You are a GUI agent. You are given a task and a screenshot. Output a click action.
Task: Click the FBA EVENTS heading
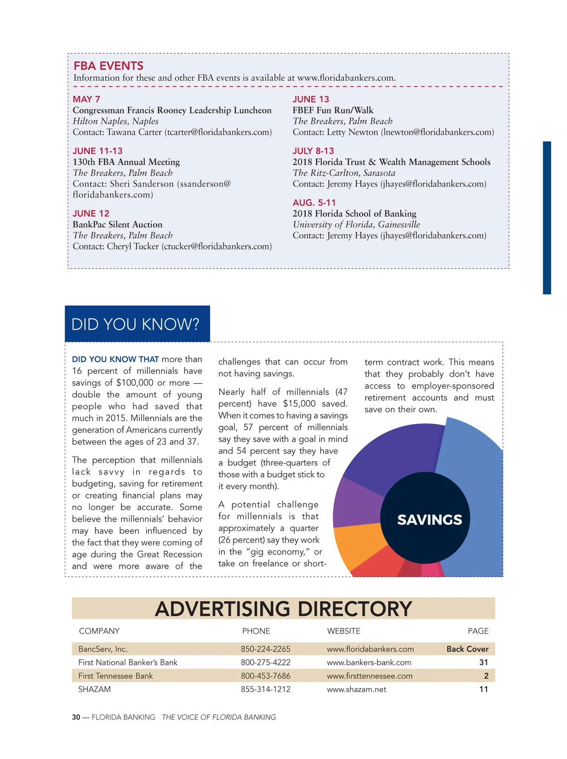pyautogui.click(x=108, y=66)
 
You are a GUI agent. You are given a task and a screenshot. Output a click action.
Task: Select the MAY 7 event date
pyautogui.click(x=86, y=99)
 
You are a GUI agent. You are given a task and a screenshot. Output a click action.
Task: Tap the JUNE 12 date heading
pyautogui.click(x=91, y=214)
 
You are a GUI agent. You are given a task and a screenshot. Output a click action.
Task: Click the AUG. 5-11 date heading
pyautogui.click(x=314, y=203)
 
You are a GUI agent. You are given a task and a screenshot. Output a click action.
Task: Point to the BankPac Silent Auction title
pyautogui.click(x=117, y=224)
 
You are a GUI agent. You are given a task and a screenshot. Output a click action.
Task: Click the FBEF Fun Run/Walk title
pyautogui.click(x=333, y=110)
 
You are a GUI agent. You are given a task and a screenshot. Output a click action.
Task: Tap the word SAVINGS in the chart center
pyautogui.click(x=430, y=520)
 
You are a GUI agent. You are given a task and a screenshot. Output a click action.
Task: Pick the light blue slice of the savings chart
pyautogui.click(x=477, y=473)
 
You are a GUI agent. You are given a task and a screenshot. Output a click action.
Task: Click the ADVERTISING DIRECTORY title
pyautogui.click(x=283, y=609)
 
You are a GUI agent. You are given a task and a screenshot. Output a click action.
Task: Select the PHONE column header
pyautogui.click(x=256, y=631)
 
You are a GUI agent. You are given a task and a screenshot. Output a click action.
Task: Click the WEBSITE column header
pyautogui.click(x=344, y=631)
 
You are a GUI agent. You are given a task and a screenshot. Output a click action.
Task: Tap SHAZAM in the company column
pyautogui.click(x=94, y=689)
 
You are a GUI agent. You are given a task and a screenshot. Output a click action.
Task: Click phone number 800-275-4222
pyautogui.click(x=266, y=663)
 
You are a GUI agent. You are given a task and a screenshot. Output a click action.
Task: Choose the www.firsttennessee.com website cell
pyautogui.click(x=369, y=676)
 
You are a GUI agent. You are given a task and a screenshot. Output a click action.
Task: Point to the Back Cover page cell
pyautogui.click(x=467, y=649)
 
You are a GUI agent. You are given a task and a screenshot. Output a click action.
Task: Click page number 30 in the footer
pyautogui.click(x=76, y=717)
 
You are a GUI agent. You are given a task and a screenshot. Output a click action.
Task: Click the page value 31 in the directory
pyautogui.click(x=483, y=663)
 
